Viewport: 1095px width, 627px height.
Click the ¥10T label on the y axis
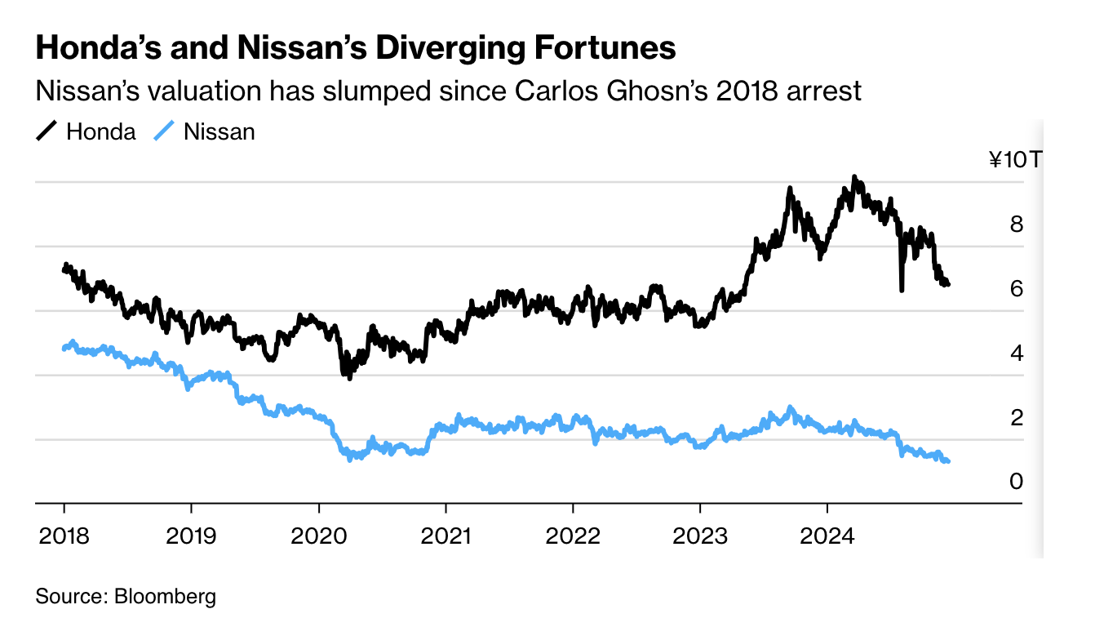coord(1014,159)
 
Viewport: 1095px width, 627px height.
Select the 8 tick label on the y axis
coord(1016,224)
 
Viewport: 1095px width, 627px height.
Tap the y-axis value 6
coord(1016,288)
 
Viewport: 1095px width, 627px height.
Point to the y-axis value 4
coord(1016,353)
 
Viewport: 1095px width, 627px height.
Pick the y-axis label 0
coord(1016,482)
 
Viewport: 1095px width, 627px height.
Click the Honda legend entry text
coord(100,131)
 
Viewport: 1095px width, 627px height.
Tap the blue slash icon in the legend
coord(165,131)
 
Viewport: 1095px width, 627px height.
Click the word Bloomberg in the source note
coord(166,596)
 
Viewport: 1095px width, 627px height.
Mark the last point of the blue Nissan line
coord(948,462)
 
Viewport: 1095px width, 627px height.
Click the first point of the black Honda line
coord(64,269)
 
